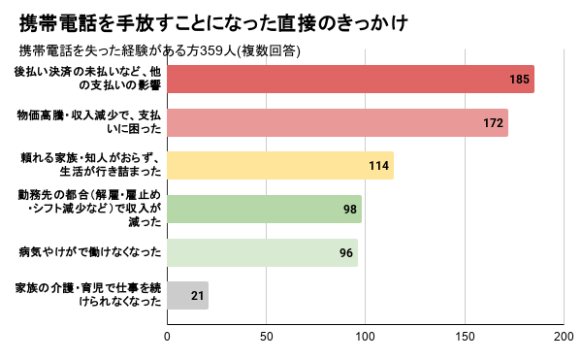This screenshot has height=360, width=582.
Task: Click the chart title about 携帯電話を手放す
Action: coord(213,23)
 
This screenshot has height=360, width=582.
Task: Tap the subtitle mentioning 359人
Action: coord(160,50)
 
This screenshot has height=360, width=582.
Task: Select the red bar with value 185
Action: coord(350,79)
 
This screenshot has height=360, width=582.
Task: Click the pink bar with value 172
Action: coord(338,122)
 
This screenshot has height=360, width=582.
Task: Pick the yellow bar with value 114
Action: coord(280,166)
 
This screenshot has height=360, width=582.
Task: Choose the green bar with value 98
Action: coord(264,209)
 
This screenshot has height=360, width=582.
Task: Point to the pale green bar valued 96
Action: coord(263,252)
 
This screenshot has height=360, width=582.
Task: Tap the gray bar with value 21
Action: coord(187,295)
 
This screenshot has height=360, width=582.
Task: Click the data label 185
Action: coord(519,80)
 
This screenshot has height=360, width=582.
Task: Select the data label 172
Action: coord(494,123)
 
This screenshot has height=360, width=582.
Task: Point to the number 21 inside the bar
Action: coord(198,296)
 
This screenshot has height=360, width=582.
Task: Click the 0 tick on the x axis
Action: coord(167,337)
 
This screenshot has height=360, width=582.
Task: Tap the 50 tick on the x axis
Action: coord(266,337)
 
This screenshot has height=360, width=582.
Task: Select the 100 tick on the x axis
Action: coord(366,337)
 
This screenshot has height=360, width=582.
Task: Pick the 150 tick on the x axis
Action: coord(465,337)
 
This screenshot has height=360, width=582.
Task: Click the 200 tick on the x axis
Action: coord(564,337)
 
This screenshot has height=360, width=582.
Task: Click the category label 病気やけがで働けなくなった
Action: coord(90,252)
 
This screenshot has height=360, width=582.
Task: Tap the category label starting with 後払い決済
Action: coord(87,79)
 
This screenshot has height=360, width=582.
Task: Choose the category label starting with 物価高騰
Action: coord(89,121)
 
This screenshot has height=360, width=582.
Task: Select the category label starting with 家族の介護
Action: coord(88,294)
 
